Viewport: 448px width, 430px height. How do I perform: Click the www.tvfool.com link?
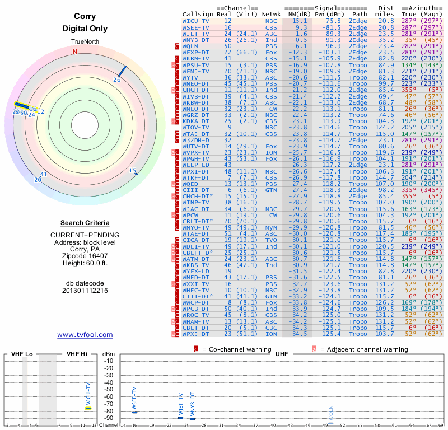(85, 335)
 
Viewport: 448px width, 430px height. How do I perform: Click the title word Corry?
(85, 17)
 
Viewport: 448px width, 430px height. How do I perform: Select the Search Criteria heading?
(85, 223)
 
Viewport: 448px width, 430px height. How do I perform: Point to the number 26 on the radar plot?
(117, 80)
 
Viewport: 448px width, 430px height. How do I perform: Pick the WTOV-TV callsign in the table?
(195, 128)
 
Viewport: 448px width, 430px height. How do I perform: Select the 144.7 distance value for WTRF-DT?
(385, 177)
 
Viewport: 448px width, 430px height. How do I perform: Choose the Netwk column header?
(272, 15)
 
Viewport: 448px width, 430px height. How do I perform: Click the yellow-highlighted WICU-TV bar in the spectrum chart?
(88, 408)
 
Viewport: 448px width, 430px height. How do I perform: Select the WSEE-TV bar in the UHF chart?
(134, 412)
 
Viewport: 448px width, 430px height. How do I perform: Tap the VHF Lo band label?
(22, 354)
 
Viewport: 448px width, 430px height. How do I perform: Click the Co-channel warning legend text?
(231, 349)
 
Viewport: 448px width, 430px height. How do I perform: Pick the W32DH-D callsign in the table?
(195, 140)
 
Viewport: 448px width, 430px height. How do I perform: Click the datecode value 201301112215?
(85, 291)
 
